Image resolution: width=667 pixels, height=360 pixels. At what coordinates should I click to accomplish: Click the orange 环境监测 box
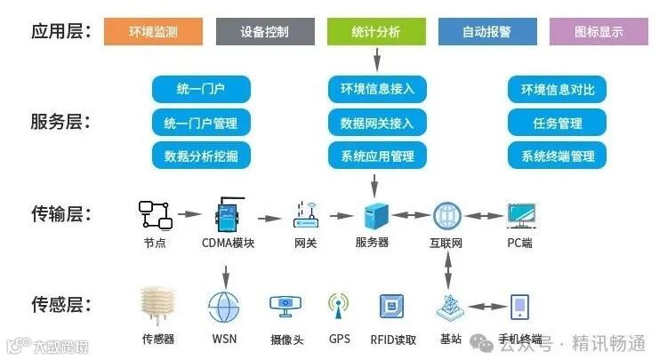(x=154, y=31)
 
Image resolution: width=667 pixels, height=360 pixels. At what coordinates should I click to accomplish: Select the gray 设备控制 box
(x=265, y=31)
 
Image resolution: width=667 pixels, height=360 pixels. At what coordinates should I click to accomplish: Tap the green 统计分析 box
(x=376, y=31)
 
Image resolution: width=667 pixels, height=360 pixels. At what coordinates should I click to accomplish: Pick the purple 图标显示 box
(x=599, y=31)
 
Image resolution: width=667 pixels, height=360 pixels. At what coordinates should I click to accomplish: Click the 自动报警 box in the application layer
(x=486, y=31)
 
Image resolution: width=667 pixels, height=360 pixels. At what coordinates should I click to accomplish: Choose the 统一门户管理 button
(x=201, y=123)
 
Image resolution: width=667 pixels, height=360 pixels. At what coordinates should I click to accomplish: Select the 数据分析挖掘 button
(x=201, y=156)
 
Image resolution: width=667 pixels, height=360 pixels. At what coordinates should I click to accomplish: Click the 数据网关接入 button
(x=377, y=123)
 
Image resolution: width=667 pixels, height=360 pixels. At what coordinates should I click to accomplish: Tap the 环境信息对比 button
(x=557, y=90)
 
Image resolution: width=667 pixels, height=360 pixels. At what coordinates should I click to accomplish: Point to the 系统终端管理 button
(x=557, y=156)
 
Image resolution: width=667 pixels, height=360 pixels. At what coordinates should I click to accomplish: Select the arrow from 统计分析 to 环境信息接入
(x=377, y=60)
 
